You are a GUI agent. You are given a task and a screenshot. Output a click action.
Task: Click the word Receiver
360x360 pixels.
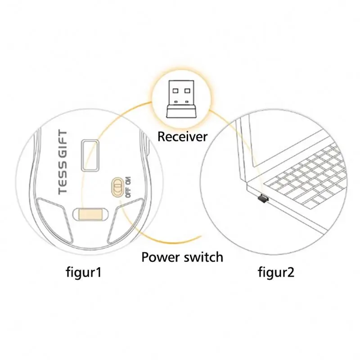click(x=182, y=136)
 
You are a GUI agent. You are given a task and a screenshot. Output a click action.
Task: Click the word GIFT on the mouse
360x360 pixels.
click(x=63, y=143)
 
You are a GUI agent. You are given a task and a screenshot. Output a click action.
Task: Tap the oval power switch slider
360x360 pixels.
click(x=116, y=186)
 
